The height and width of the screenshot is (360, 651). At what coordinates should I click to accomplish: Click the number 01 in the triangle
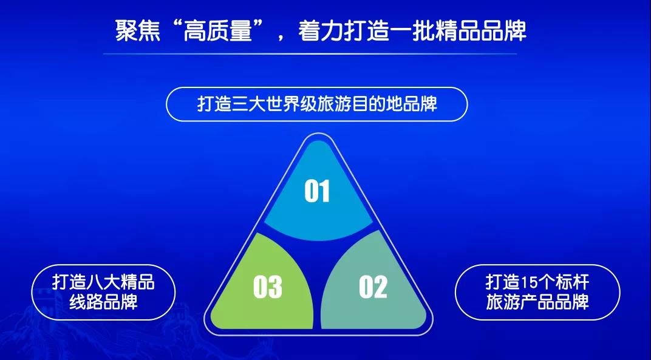[x=317, y=191]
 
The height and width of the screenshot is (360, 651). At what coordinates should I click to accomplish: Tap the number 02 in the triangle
[x=373, y=287]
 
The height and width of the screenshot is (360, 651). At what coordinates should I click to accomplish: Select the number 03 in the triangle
[x=267, y=287]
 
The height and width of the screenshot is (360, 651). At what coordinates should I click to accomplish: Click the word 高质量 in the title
[x=218, y=31]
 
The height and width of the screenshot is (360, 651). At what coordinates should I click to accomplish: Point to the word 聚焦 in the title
[x=137, y=31]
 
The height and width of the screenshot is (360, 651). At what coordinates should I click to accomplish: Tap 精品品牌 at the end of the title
[x=480, y=31]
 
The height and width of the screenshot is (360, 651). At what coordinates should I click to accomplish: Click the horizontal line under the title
[x=310, y=53]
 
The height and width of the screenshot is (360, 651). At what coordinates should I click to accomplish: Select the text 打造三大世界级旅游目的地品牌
[x=317, y=103]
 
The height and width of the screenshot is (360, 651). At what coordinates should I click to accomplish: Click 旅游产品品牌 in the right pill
[x=537, y=302]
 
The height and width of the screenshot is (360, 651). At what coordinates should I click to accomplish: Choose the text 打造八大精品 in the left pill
[x=103, y=282]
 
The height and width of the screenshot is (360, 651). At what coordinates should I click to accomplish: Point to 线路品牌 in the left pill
[x=103, y=302]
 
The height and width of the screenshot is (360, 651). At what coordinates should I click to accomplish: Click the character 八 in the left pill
[x=95, y=282]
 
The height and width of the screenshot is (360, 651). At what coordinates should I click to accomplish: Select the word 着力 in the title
[x=320, y=31]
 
